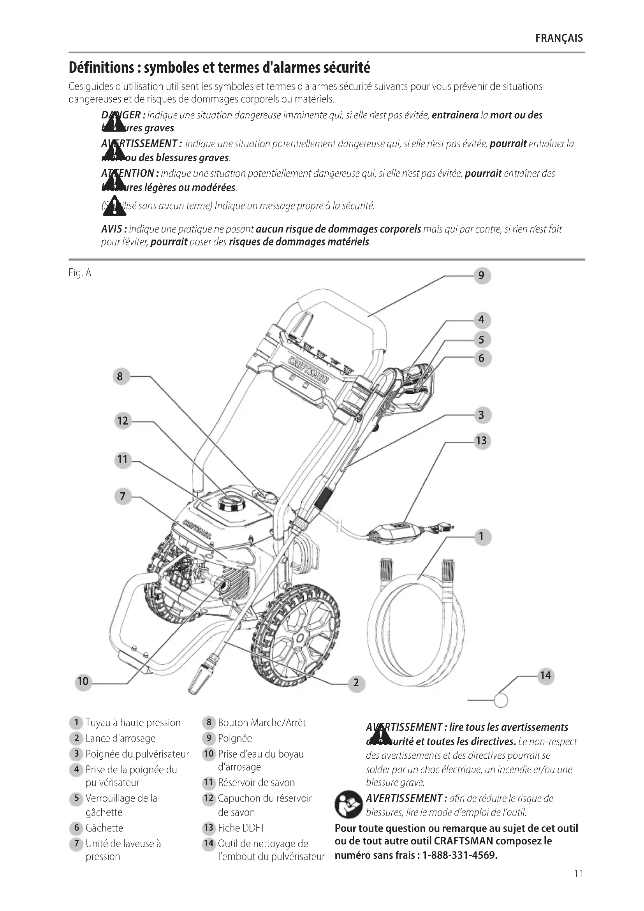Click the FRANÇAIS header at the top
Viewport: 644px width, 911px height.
pyautogui.click(x=559, y=38)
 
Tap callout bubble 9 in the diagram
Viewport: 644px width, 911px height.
pyautogui.click(x=481, y=275)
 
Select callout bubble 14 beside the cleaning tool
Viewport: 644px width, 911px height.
pyautogui.click(x=545, y=676)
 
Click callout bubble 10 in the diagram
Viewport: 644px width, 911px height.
pyautogui.click(x=83, y=681)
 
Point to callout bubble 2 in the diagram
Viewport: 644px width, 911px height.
pyautogui.click(x=356, y=682)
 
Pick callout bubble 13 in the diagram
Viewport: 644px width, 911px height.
pyautogui.click(x=481, y=441)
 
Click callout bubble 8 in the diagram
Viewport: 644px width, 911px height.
pyautogui.click(x=120, y=376)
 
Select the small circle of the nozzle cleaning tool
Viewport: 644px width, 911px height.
pyautogui.click(x=501, y=700)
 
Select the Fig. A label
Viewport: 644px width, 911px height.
pyautogui.click(x=80, y=273)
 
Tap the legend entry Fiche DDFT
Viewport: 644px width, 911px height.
pyautogui.click(x=241, y=828)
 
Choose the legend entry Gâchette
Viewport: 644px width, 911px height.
pyautogui.click(x=104, y=828)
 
